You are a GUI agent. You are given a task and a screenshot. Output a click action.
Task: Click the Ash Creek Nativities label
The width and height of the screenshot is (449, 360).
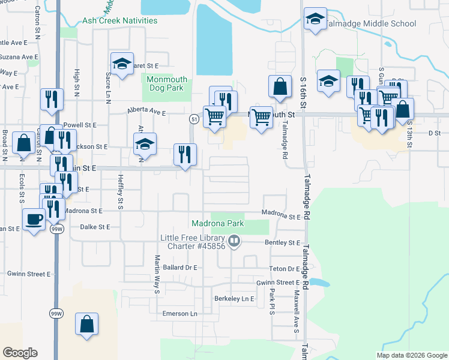point(119,20)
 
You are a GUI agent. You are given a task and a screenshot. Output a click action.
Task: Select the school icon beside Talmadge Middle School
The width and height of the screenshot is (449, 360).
point(315,19)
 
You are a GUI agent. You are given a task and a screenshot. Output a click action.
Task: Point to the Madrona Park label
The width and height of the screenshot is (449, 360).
point(218,223)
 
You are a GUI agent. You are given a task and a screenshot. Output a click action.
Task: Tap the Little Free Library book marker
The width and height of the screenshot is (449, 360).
point(234,242)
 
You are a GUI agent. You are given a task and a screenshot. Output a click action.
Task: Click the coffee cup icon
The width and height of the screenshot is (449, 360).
point(33,220)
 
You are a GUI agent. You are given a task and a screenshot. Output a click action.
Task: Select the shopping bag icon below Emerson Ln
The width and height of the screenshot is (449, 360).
point(86,324)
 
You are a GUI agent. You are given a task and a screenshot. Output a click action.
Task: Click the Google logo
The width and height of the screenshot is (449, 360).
point(20,353)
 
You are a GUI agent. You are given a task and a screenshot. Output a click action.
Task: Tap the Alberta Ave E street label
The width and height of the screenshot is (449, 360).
point(146,112)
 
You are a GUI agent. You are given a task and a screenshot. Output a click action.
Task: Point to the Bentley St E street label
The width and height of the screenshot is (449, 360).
point(282,242)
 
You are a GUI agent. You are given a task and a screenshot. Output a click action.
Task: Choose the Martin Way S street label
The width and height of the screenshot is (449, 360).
point(156,274)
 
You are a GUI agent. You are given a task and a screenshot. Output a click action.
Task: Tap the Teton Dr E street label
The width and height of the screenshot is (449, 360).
point(285,269)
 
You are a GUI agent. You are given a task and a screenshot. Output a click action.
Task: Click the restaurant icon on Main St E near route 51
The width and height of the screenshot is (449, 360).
point(185,155)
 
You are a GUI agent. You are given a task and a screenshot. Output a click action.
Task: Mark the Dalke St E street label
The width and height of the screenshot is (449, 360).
point(95,227)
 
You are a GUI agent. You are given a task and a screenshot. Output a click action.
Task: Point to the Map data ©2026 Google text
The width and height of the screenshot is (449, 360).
point(412,355)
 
